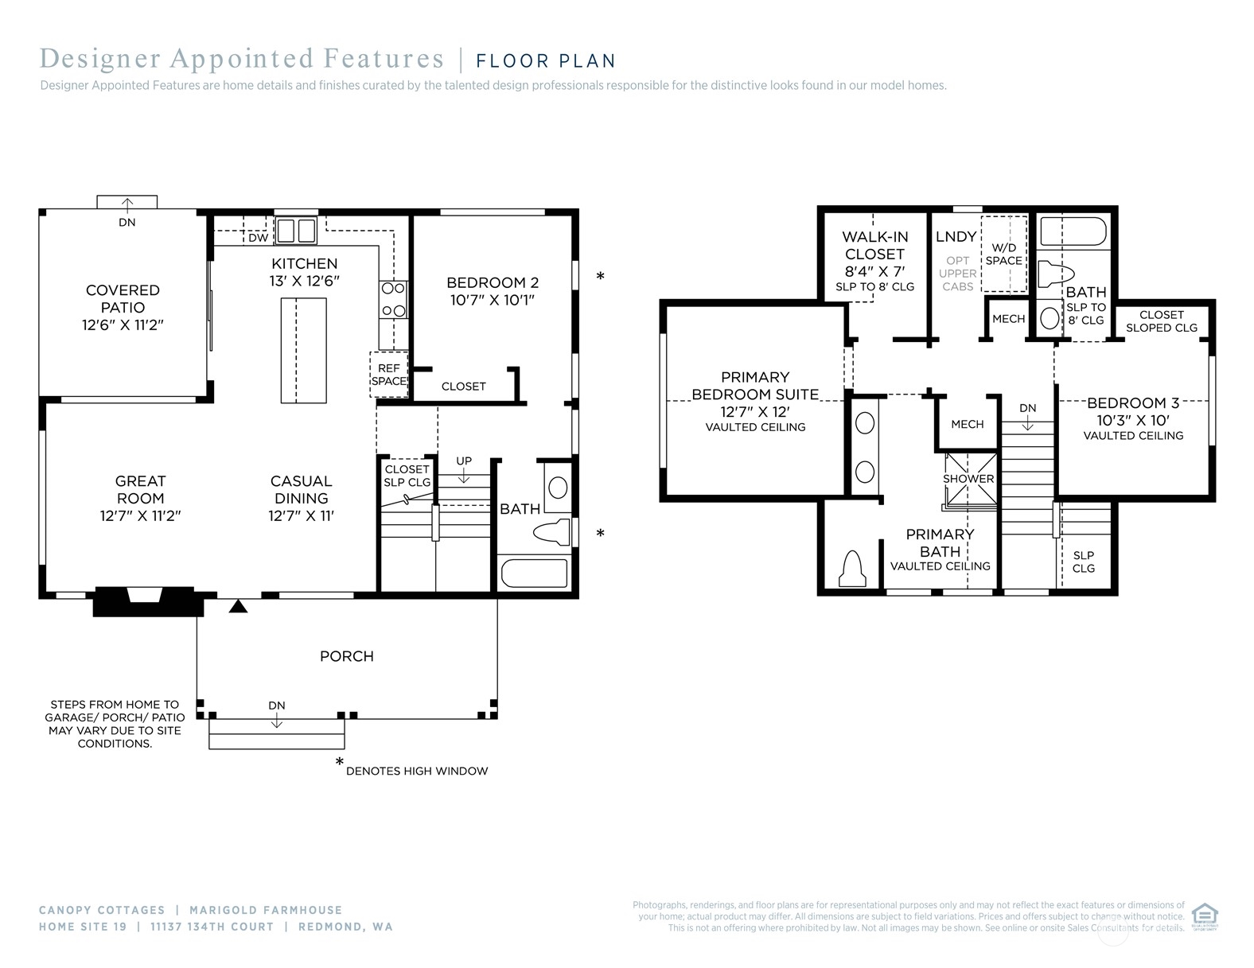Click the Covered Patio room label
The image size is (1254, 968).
tap(123, 299)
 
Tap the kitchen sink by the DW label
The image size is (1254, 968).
tap(296, 231)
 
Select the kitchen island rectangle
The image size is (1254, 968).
tap(303, 351)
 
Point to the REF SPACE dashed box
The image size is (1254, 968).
tap(389, 375)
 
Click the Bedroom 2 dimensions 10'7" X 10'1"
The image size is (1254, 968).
tap(493, 301)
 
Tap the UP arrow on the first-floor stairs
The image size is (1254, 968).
tap(464, 474)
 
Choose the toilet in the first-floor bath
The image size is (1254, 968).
tap(552, 532)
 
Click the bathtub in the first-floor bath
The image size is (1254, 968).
tap(535, 572)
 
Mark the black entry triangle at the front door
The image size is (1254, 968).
tap(239, 606)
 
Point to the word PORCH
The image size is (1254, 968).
tap(347, 656)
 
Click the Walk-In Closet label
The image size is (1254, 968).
tap(875, 245)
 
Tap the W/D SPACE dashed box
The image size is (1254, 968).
tap(1004, 255)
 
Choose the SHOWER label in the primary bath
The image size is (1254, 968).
tap(968, 479)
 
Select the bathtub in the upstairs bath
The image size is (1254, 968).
tap(1073, 232)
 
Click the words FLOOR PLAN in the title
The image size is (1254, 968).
tap(546, 61)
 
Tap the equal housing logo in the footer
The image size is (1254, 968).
tap(1205, 916)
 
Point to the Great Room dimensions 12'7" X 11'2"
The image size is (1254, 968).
tap(140, 516)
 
